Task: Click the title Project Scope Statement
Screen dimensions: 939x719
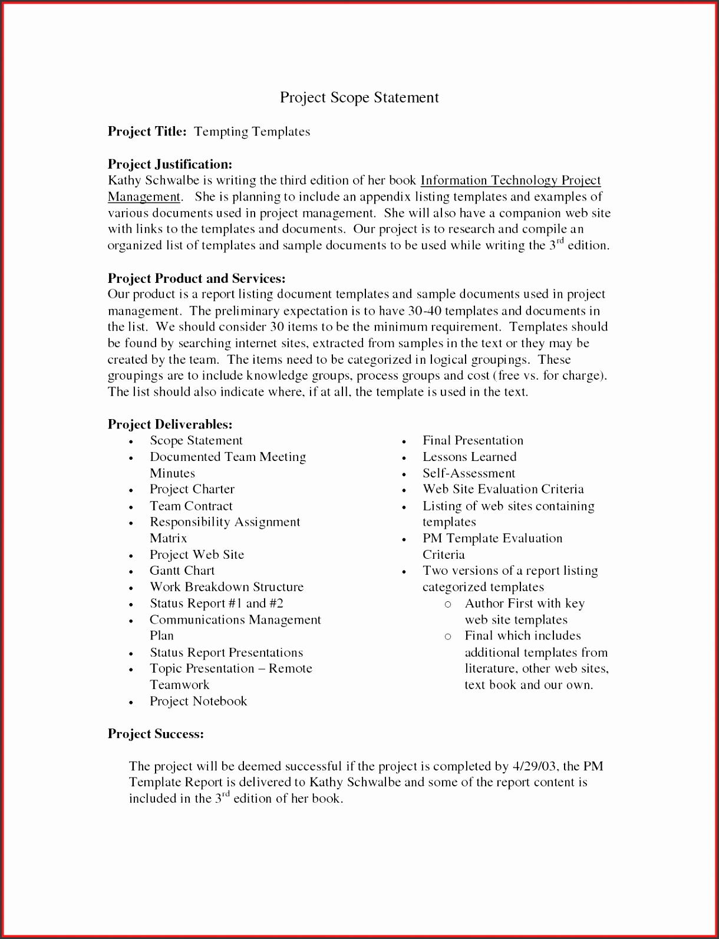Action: click(359, 97)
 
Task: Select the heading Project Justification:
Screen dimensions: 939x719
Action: click(170, 164)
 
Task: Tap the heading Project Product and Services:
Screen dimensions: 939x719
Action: click(196, 278)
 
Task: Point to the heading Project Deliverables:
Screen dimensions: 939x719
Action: click(170, 424)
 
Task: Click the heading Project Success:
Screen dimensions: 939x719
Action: click(156, 734)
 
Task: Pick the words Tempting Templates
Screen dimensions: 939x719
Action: click(252, 131)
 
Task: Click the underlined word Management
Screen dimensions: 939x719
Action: click(144, 197)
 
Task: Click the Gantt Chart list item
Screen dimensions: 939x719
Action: click(182, 571)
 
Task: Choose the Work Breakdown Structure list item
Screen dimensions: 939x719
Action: click(226, 587)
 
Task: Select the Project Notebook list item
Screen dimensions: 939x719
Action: click(198, 701)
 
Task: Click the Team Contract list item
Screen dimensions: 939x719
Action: click(191, 506)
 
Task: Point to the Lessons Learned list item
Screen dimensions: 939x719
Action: click(469, 457)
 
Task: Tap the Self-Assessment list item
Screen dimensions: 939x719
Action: click(469, 473)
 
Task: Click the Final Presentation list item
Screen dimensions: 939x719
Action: click(473, 440)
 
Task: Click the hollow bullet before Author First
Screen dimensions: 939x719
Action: click(448, 604)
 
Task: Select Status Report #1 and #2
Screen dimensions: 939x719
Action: click(216, 604)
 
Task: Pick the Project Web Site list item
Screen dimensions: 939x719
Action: click(196, 555)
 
